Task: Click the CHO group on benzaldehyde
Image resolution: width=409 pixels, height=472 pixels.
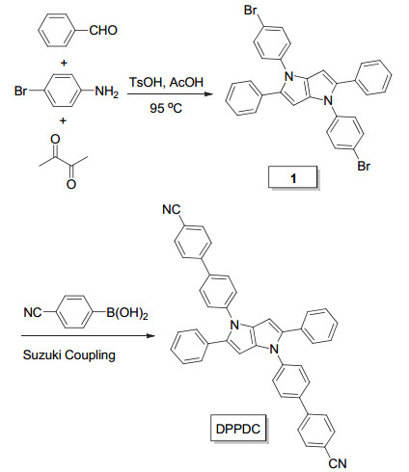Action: [103, 31]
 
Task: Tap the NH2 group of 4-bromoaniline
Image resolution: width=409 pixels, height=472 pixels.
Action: [107, 92]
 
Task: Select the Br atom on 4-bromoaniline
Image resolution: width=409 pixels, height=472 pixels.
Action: [21, 92]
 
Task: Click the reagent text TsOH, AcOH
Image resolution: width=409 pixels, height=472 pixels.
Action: [166, 83]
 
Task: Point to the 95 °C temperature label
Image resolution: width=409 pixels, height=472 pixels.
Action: [166, 108]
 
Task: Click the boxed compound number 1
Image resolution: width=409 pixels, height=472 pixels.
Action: [293, 177]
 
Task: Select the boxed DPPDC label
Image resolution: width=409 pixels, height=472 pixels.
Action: [238, 429]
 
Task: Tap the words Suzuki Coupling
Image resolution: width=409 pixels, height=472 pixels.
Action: [69, 355]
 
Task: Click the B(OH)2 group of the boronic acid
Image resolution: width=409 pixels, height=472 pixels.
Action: [127, 313]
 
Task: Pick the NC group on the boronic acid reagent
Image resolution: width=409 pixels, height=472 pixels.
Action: [33, 312]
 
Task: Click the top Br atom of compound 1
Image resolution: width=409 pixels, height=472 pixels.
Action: [251, 11]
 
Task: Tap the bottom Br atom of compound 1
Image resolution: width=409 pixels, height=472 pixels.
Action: [364, 166]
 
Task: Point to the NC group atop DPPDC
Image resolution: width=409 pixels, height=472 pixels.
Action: [172, 210]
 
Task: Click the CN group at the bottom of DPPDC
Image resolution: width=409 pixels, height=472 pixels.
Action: [338, 463]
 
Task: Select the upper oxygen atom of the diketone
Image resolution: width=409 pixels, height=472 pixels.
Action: [55, 139]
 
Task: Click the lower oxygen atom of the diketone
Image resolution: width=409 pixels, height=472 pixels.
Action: [71, 184]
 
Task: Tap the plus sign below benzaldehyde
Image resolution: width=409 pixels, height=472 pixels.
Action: [64, 63]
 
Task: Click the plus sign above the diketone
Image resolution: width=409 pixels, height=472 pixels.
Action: [63, 120]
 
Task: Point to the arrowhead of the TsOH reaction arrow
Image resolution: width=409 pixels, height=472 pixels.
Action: [209, 93]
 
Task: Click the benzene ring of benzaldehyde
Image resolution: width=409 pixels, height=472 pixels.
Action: [57, 31]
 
